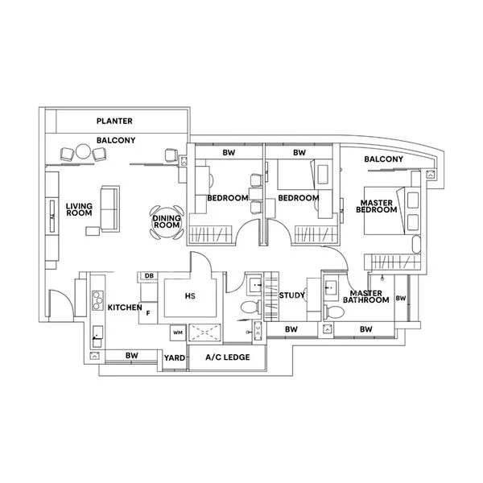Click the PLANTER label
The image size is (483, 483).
pos(114,122)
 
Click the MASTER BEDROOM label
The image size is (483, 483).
pos(378,206)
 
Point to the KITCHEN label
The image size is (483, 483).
pos(125,308)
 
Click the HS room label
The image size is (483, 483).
pos(190,296)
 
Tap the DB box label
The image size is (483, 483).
pos(149,277)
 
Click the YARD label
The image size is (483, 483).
pos(173,357)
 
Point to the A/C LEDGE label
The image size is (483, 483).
pos(227,357)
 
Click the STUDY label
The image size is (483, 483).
pos(291,296)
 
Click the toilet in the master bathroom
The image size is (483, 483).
pos(328,311)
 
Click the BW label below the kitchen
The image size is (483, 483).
pos(131,354)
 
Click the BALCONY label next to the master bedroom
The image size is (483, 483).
pos(383,159)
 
